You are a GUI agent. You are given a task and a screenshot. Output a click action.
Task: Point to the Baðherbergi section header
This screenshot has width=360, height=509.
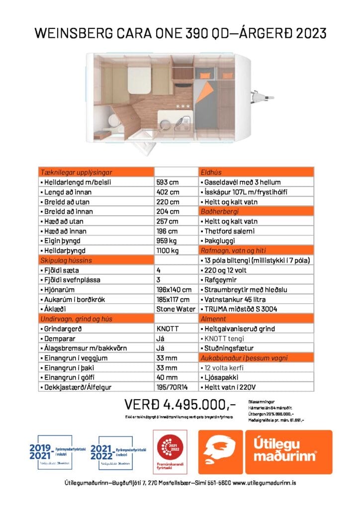[219, 211]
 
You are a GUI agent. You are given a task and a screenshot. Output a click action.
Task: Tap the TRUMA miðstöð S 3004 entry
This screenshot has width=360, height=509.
[238, 309]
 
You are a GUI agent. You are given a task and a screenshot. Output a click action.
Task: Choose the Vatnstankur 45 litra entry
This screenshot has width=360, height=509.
[234, 299]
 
